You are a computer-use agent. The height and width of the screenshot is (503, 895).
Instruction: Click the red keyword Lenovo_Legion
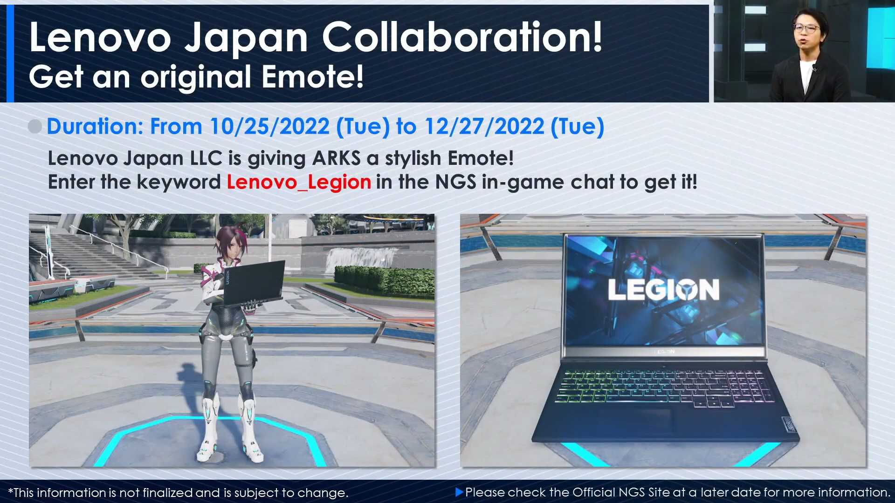pos(299,182)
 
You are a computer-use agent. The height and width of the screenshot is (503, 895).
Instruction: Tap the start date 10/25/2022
pos(269,127)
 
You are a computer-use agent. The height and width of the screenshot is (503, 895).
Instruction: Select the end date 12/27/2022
pos(484,127)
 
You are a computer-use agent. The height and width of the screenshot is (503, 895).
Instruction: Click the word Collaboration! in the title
pos(462,37)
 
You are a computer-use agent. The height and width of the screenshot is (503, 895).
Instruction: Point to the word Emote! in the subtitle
pos(312,77)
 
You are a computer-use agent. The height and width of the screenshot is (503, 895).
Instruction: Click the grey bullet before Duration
pos(35,126)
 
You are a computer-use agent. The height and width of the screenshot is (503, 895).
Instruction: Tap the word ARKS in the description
pos(336,158)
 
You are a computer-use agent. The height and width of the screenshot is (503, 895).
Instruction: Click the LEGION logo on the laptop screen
pos(663,290)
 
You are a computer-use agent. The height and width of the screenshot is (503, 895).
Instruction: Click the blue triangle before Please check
pos(459,492)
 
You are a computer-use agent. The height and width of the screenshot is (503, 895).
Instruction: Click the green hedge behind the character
pos(385,280)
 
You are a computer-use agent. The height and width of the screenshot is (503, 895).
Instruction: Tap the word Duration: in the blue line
pos(95,127)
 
